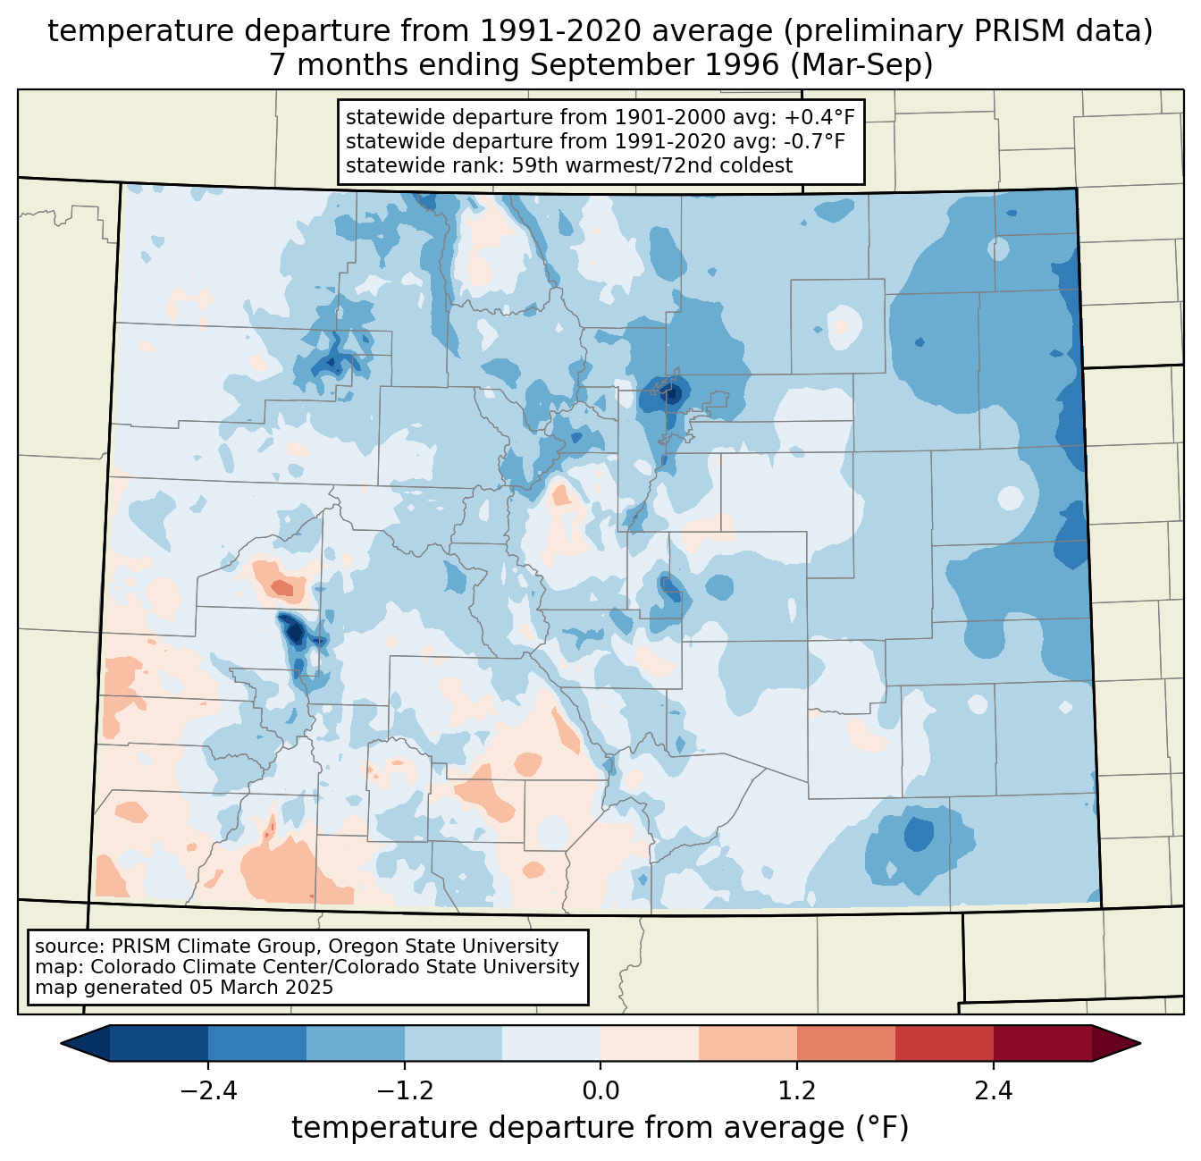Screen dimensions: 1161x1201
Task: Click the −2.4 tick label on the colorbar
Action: click(x=208, y=1091)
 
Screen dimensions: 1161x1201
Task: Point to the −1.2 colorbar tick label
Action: click(x=404, y=1091)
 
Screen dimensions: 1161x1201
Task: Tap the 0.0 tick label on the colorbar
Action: click(x=600, y=1091)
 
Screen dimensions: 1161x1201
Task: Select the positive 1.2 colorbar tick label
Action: click(x=796, y=1091)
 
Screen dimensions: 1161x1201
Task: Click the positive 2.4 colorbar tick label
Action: click(x=993, y=1091)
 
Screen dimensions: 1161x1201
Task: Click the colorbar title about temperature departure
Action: click(x=600, y=1128)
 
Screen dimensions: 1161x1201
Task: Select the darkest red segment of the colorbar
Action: click(x=1042, y=1043)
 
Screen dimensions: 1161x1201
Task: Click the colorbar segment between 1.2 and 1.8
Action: click(x=845, y=1043)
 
